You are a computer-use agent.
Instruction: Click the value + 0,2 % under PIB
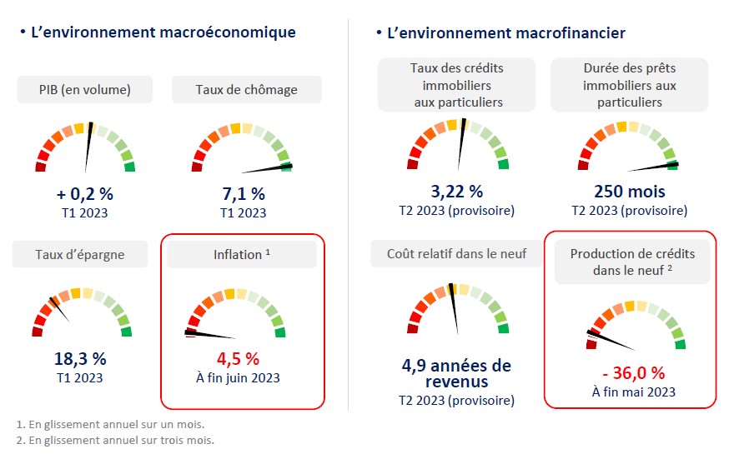coord(84,194)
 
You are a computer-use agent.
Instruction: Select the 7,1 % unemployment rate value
coord(244,194)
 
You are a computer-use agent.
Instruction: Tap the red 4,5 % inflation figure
coord(239,359)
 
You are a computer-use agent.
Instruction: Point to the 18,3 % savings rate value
coord(80,359)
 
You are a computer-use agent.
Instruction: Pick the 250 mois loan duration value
coord(630,191)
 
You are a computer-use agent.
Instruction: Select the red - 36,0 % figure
coord(634,372)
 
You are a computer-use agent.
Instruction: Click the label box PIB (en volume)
coord(84,89)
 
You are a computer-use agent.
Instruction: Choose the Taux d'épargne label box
coord(80,254)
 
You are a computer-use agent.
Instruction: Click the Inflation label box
coord(242,254)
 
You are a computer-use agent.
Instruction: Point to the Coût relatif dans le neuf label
coord(456,253)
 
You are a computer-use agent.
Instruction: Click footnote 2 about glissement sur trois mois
coord(114,440)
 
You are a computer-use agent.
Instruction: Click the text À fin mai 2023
coord(634,391)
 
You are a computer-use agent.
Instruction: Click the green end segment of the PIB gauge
coord(129,167)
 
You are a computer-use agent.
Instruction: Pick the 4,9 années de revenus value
coord(456,373)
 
